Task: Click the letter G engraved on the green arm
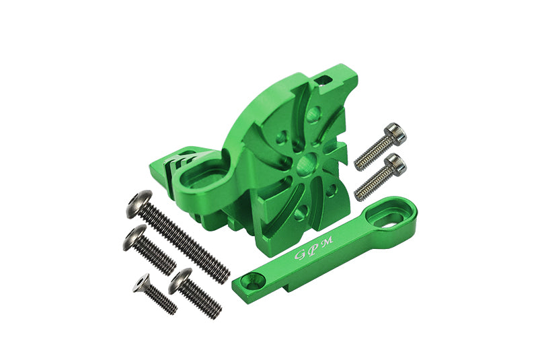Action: pyautogui.click(x=300, y=254)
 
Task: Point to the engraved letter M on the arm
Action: pyautogui.click(x=328, y=240)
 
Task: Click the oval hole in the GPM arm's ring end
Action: pyautogui.click(x=387, y=219)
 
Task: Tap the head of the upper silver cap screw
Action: pyautogui.click(x=395, y=133)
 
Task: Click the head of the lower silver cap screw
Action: pyautogui.click(x=395, y=164)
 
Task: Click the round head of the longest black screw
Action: pyautogui.click(x=139, y=204)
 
